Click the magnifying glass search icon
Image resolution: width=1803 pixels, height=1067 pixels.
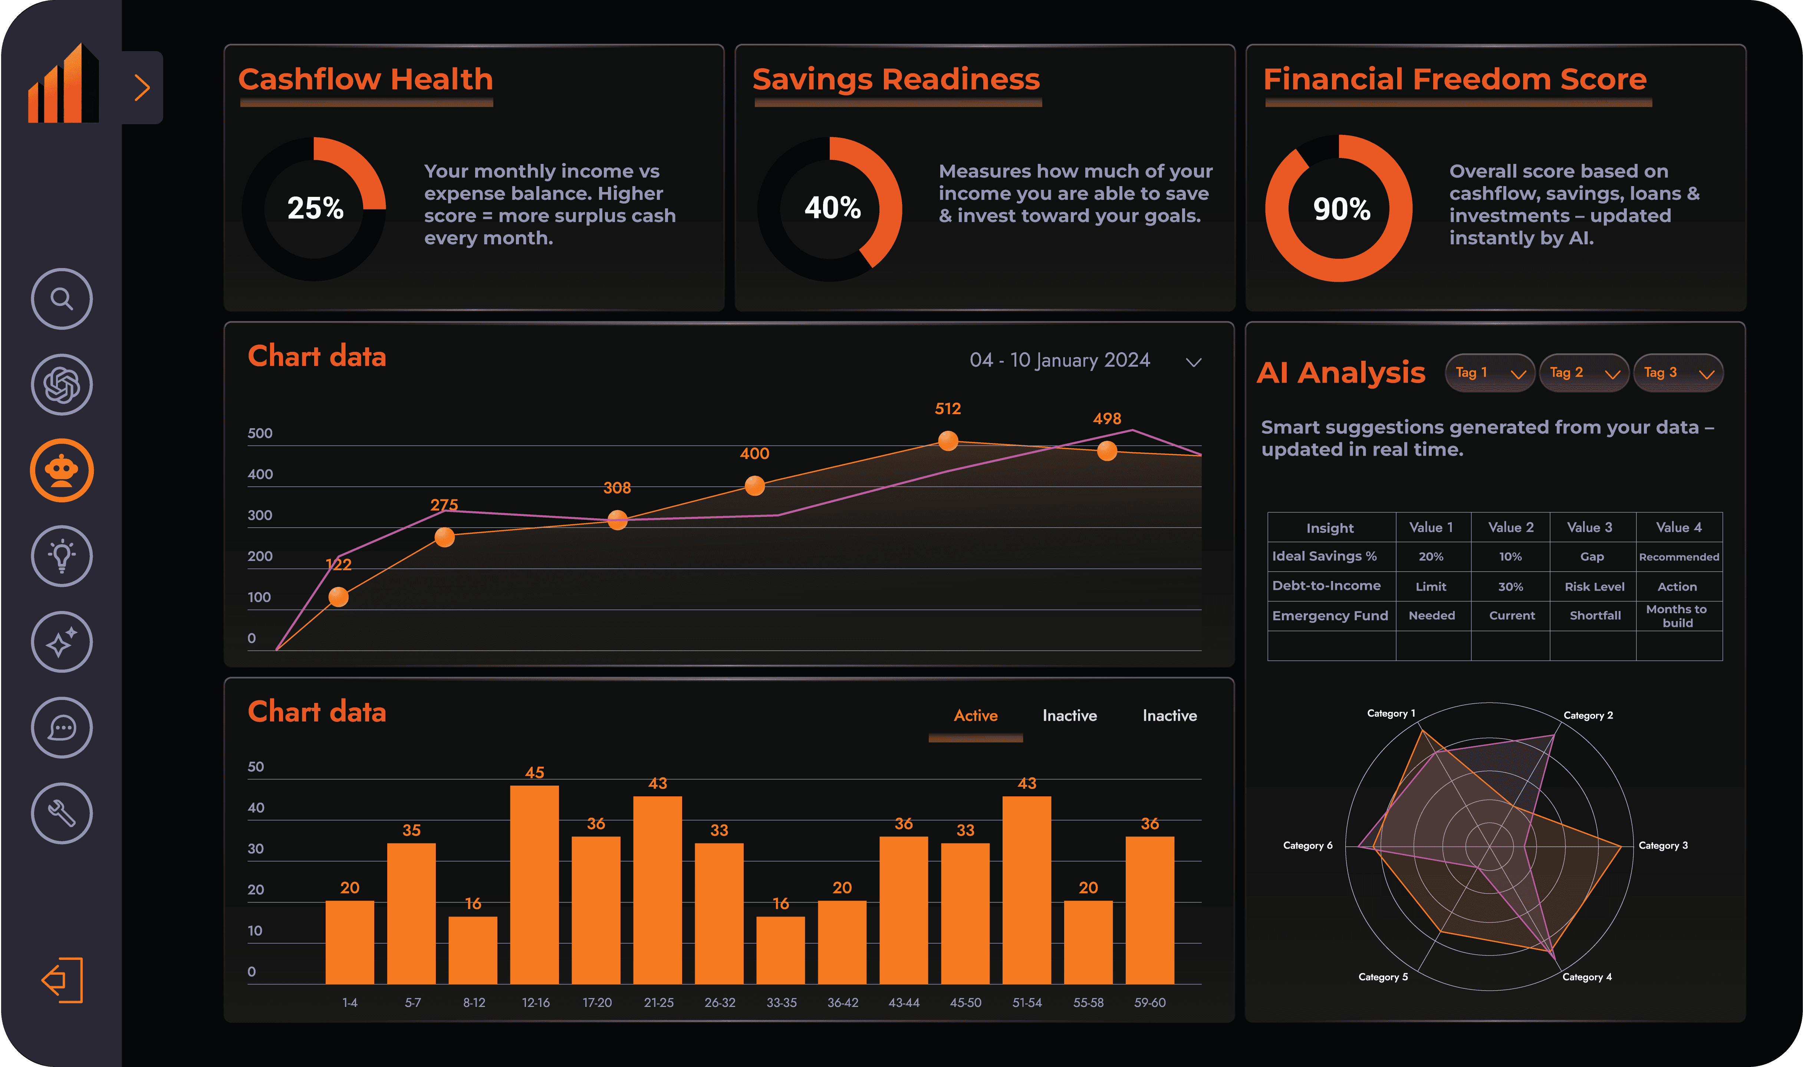pyautogui.click(x=62, y=298)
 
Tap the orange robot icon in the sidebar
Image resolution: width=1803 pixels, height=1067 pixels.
pyautogui.click(x=62, y=470)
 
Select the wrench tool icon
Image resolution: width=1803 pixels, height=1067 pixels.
pyautogui.click(x=62, y=813)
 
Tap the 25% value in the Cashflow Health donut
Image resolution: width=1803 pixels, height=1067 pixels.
pyautogui.click(x=315, y=208)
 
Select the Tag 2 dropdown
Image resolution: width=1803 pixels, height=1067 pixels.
pyautogui.click(x=1583, y=373)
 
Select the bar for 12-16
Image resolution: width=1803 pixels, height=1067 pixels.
pyautogui.click(x=534, y=884)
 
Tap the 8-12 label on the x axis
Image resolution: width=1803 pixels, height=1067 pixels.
pyautogui.click(x=474, y=1002)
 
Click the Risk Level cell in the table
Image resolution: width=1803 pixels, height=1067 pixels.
pyautogui.click(x=1594, y=587)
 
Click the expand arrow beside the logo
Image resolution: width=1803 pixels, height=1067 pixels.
pyautogui.click(x=142, y=88)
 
